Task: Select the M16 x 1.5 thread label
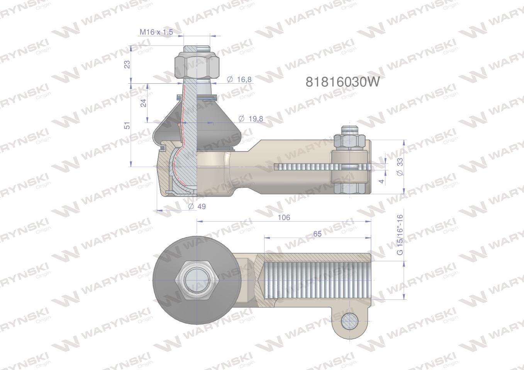coord(156,32)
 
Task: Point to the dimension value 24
coord(143,103)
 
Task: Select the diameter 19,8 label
coord(251,119)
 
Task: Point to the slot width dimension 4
coord(382,180)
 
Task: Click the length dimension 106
coord(284,217)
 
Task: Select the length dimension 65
coord(317,234)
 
